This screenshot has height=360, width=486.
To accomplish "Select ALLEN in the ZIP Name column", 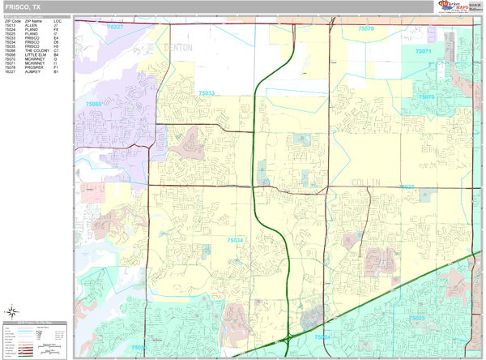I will (x=31, y=25).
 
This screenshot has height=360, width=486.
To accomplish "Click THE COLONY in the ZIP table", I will (x=37, y=50).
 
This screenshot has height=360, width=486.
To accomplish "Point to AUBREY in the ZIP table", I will (x=32, y=71).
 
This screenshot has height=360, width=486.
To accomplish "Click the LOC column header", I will (x=57, y=20).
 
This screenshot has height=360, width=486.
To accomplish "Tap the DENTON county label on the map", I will (x=178, y=49).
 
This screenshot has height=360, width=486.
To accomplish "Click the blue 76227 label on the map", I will (x=114, y=27).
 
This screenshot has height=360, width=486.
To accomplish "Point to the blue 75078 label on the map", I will (x=366, y=28).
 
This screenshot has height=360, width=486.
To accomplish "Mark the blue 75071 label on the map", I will (x=423, y=51).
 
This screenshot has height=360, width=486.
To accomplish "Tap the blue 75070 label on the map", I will (x=426, y=97).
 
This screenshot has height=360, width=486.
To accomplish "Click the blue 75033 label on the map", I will (x=206, y=94).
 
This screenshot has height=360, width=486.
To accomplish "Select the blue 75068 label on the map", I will (x=95, y=104).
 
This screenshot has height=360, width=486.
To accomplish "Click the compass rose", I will (x=12, y=311).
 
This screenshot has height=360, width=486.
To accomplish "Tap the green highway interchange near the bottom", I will (x=289, y=337).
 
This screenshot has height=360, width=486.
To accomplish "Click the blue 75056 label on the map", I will (x=138, y=349).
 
